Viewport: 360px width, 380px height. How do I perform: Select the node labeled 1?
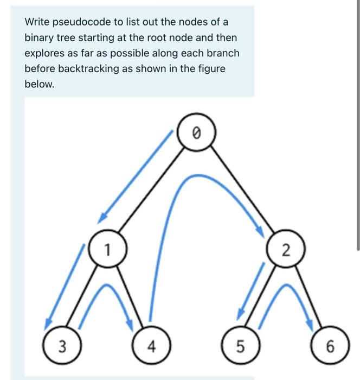coord(108,250)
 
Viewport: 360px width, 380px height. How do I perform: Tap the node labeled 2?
coord(286,250)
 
